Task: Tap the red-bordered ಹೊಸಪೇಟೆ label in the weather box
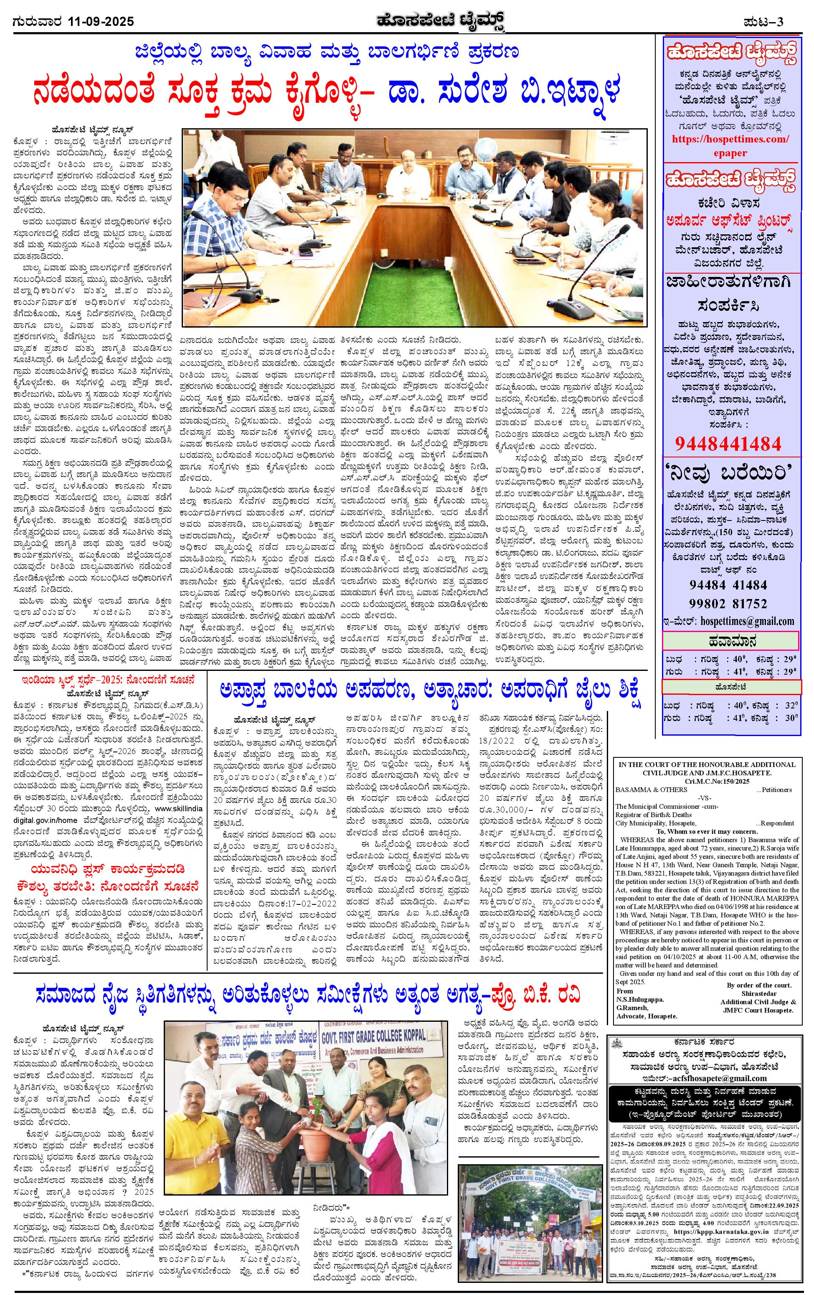[730, 687]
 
